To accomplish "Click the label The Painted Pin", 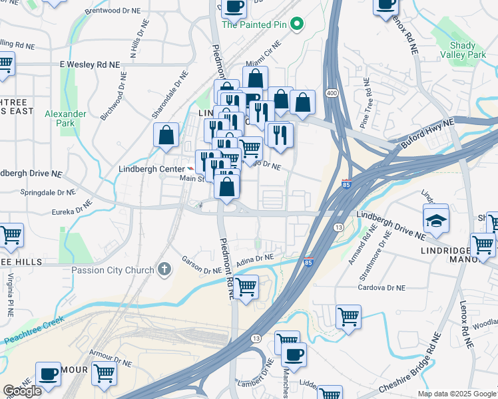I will pyautogui.click(x=256, y=25).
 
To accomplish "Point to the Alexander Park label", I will pyautogui.click(x=65, y=118).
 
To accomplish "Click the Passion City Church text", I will pyautogui.click(x=114, y=270).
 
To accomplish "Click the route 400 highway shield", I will pyautogui.click(x=331, y=92).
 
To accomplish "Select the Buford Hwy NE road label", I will pyautogui.click(x=428, y=134).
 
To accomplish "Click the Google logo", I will pyautogui.click(x=23, y=391).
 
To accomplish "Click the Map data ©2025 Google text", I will pyautogui.click(x=457, y=394).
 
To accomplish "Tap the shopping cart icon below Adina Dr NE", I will pyautogui.click(x=246, y=287).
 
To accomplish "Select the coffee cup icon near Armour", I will pyautogui.click(x=48, y=374).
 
